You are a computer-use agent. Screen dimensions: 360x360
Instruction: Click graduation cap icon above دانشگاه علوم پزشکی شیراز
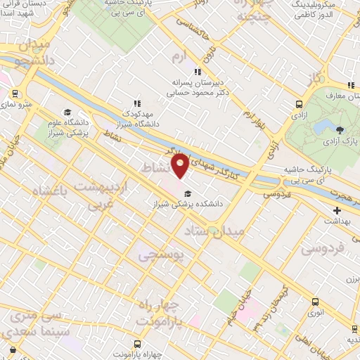[x=67, y=112]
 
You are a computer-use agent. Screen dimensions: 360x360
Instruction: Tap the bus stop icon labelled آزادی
[x=301, y=104]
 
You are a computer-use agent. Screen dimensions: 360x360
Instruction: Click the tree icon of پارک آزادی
[x=340, y=130]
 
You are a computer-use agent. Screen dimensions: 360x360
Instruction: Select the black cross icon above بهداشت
[x=337, y=210]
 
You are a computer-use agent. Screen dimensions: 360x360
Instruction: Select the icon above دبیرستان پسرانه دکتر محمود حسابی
[x=199, y=71]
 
